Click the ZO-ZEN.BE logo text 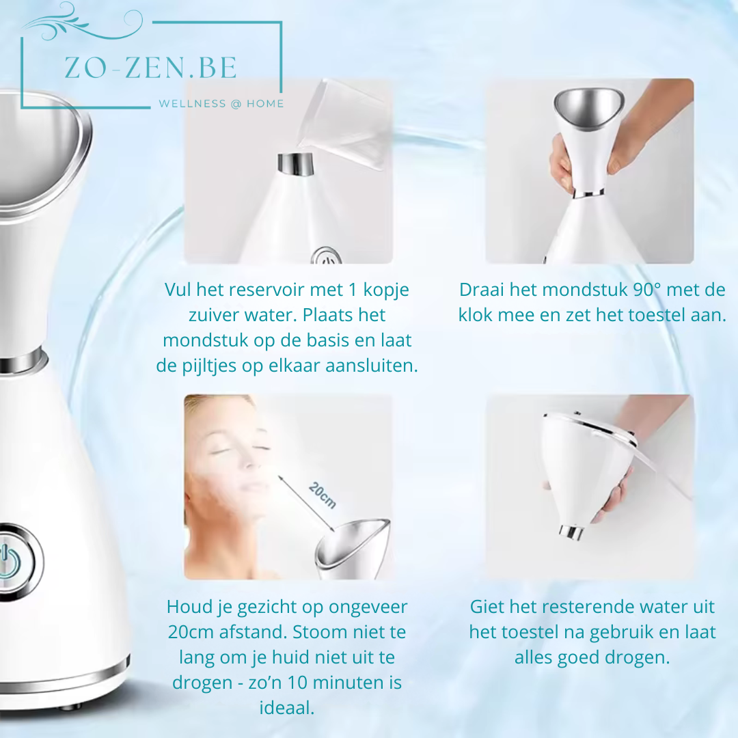(150, 68)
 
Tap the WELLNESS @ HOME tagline (221, 104)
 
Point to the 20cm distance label (323, 495)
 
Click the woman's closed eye (220, 451)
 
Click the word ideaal (286, 708)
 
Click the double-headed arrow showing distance (306, 504)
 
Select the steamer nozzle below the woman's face (352, 549)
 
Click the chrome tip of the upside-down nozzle (571, 532)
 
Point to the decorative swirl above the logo (83, 21)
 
